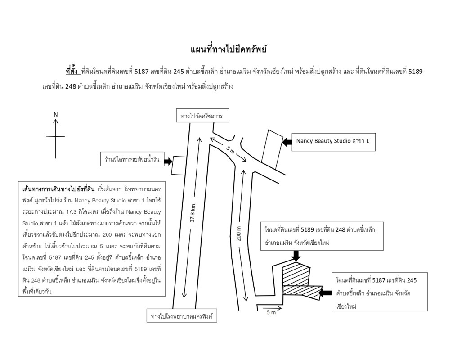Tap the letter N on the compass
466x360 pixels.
[56, 114]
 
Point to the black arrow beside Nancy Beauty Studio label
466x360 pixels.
[287, 142]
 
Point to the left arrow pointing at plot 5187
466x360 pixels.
[325, 293]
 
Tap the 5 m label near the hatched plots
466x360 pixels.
[271, 312]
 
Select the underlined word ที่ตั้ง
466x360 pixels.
[72, 72]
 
